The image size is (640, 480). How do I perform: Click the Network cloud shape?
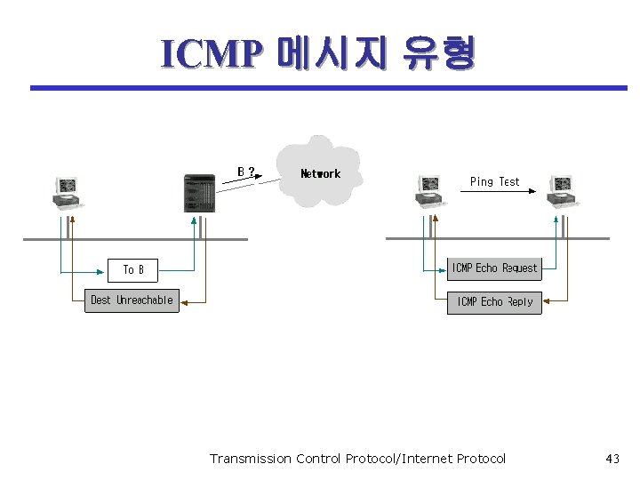pos(321,172)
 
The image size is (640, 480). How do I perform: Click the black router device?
pos(198,193)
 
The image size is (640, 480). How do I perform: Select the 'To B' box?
pos(133,269)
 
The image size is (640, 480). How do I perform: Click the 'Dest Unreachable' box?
pos(132,300)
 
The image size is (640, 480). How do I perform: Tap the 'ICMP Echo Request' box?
pos(494,268)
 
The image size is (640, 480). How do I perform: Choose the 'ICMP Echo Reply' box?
pos(494,302)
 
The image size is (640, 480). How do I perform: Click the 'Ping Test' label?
pos(494,181)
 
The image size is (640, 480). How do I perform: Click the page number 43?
pos(612,459)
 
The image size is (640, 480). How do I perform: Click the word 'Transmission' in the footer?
pos(250,459)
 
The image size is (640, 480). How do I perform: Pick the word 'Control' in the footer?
pos(318,459)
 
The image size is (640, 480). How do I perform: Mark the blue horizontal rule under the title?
pos(329,88)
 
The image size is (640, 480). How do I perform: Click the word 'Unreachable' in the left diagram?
pos(145,300)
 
